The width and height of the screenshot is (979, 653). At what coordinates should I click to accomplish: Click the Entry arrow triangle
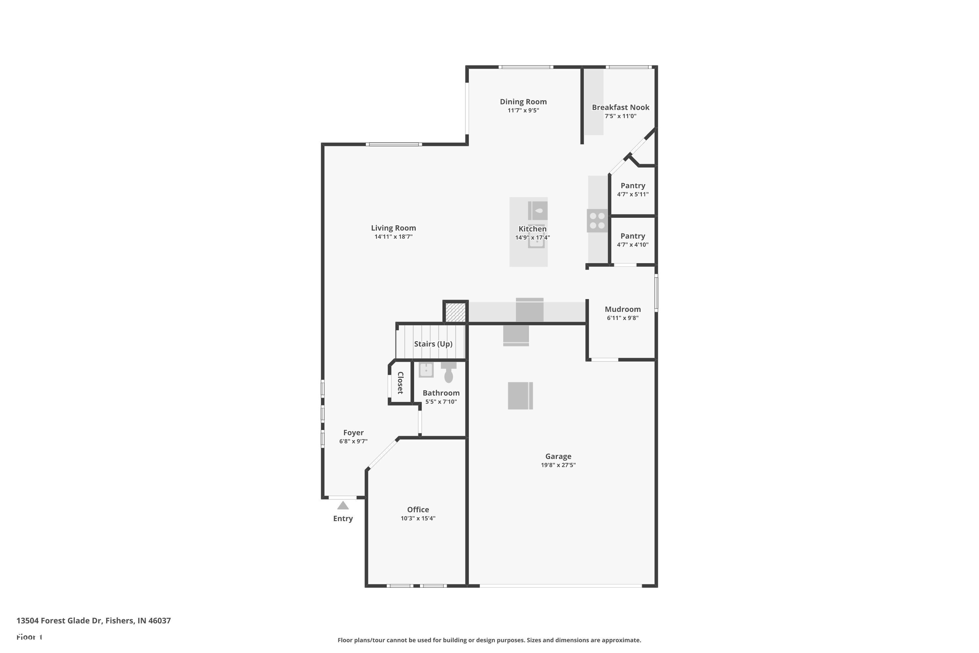(343, 505)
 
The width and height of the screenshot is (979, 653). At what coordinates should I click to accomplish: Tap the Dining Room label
(523, 102)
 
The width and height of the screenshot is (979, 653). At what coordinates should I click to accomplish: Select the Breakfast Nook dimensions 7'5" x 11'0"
(620, 116)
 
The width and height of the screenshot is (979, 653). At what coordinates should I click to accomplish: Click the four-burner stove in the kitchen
(597, 221)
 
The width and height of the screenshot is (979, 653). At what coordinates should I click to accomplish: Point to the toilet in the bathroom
(448, 373)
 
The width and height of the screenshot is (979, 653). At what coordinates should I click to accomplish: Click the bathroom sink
(426, 370)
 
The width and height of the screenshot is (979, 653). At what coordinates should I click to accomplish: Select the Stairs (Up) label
(433, 344)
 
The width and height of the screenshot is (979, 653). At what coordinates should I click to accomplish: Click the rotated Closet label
(400, 383)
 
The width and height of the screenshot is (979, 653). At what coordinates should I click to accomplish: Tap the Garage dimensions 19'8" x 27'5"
(558, 465)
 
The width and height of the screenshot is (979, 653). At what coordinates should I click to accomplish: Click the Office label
(418, 510)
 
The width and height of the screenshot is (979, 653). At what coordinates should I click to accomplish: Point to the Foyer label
(353, 433)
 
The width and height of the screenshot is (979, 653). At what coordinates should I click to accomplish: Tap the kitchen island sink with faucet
(537, 211)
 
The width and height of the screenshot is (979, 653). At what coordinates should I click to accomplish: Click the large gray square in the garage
(520, 396)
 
